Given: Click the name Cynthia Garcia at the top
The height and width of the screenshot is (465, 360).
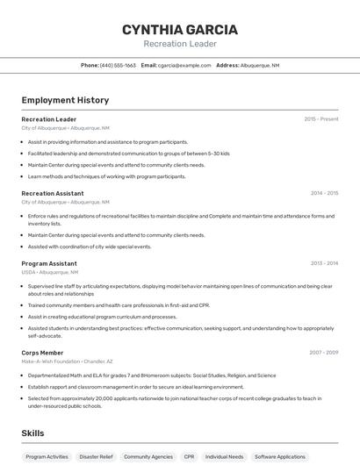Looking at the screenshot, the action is (179, 29).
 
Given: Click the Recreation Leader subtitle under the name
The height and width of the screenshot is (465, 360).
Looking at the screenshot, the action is (179, 44).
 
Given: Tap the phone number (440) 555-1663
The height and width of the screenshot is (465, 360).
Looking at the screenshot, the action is (118, 66).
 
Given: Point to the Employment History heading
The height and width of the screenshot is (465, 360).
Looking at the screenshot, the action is (65, 100).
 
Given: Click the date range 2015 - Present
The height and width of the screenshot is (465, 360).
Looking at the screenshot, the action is (321, 119).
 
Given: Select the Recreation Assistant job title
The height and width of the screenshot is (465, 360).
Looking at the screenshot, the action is (53, 194).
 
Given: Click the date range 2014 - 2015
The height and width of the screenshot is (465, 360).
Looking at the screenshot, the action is (324, 194).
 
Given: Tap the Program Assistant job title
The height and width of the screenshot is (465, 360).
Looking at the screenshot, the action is (49, 263).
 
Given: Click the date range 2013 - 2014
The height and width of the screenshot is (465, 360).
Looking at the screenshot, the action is (324, 263).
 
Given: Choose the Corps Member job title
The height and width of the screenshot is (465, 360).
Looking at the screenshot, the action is (42, 352).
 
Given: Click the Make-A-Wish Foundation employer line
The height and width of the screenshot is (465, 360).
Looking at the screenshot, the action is (67, 361).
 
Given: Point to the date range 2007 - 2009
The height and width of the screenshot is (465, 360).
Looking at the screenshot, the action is (324, 352).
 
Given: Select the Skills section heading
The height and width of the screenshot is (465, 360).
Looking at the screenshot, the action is (32, 433).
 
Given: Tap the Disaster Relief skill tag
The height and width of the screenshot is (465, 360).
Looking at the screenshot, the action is (95, 457).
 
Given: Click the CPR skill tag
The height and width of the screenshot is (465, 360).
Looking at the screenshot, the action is (189, 457).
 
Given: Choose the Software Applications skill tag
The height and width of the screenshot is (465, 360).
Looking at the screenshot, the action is (280, 457).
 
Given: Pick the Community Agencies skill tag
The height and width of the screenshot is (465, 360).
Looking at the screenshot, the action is (148, 457).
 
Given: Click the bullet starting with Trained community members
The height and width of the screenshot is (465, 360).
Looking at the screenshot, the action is (119, 305).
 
